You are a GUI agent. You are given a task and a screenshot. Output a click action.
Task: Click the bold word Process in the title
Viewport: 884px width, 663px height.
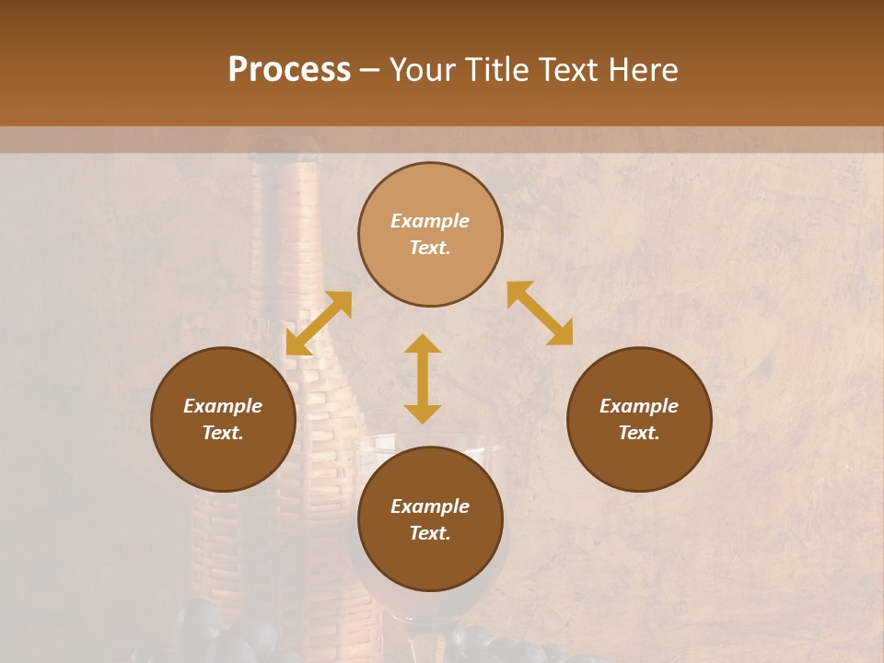[289, 70]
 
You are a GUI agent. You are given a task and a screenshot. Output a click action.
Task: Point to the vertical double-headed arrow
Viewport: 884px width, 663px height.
[423, 378]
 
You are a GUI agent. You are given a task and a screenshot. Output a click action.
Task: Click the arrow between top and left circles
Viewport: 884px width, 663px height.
[319, 323]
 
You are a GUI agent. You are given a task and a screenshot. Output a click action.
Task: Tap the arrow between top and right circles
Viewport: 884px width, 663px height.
[541, 313]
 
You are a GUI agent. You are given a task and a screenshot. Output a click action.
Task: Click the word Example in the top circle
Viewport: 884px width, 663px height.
[430, 221]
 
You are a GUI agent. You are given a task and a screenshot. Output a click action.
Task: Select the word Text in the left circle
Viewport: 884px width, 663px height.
[223, 433]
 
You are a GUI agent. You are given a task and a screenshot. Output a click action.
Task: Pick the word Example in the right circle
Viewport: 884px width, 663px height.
[639, 406]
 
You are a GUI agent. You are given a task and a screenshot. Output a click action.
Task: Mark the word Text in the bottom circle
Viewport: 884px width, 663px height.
[430, 533]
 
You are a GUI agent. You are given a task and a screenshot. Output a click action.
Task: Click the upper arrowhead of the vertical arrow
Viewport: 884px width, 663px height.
[423, 343]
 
